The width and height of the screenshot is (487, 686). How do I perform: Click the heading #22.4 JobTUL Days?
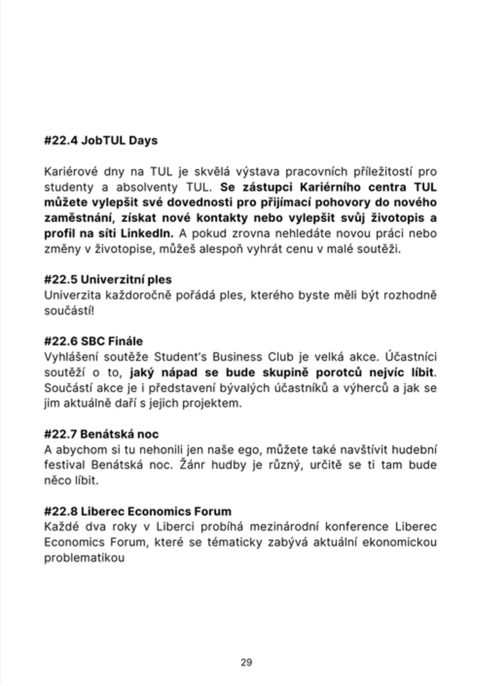[101, 141]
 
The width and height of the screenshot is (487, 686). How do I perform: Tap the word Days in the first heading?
[143, 141]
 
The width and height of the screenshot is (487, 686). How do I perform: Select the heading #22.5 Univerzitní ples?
[108, 280]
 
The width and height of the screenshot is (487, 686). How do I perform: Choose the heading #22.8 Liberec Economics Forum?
[138, 511]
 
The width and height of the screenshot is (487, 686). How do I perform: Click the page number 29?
[246, 663]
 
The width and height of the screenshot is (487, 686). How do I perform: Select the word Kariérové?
[70, 172]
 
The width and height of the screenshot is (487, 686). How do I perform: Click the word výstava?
[257, 172]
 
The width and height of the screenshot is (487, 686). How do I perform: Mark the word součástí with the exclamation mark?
[69, 311]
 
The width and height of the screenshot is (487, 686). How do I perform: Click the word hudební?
[414, 450]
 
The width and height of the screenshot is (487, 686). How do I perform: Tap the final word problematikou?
[84, 558]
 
